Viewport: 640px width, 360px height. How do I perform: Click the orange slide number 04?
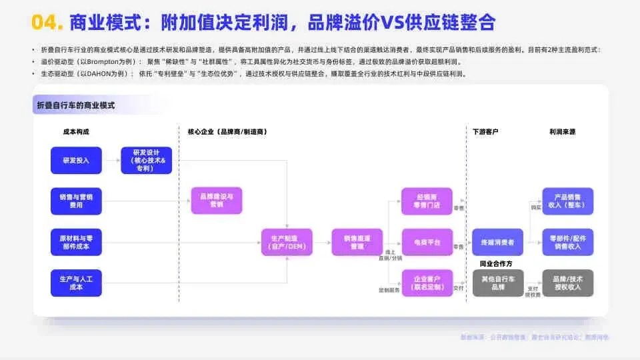47,23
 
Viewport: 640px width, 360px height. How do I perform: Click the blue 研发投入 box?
76,161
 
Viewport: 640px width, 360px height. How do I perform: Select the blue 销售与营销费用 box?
76,201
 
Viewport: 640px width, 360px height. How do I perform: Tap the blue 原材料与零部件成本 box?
76,242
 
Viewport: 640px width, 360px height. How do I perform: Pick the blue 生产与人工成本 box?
76,283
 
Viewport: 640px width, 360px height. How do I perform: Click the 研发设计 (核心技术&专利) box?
146,161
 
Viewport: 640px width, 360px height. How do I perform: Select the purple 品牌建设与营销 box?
216,201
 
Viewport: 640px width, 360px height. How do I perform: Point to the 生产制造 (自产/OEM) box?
287,242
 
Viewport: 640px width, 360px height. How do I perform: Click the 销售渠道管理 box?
357,242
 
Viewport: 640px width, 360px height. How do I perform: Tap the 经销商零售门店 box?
427,201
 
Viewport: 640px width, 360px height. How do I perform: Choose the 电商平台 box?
427,242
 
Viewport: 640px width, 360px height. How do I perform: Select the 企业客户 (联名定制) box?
427,283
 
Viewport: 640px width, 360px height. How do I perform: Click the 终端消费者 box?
497,242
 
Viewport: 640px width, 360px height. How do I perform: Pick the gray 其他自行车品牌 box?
497,283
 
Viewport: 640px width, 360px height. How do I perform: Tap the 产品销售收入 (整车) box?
567,201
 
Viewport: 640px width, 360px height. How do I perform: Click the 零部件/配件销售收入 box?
567,242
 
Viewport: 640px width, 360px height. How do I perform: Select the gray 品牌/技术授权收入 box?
567,283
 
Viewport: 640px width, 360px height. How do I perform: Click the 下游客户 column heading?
485,132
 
